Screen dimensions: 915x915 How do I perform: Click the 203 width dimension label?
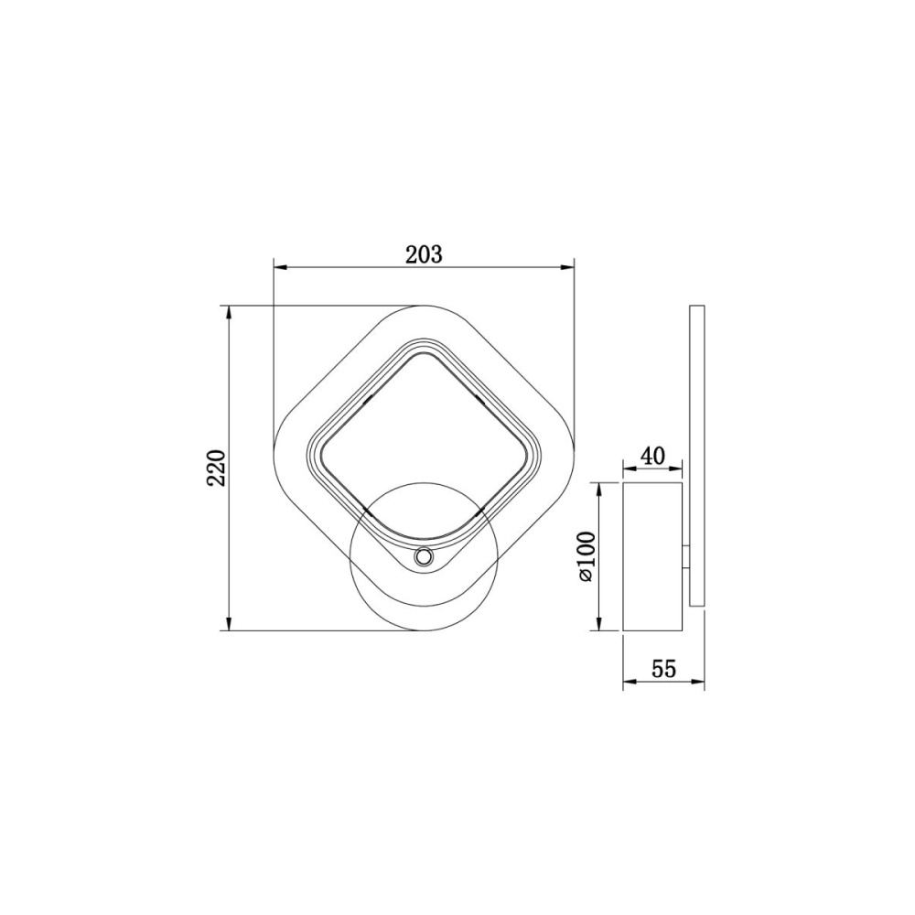click(x=425, y=255)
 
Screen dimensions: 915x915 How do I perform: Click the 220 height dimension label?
click(x=216, y=468)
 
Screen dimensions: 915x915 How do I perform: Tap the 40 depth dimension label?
click(x=653, y=455)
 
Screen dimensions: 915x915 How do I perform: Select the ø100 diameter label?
click(x=586, y=556)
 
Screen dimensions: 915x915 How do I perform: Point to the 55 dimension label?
click(x=663, y=669)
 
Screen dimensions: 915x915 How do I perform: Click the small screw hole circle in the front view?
click(x=423, y=557)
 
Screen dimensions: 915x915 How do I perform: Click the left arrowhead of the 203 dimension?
click(x=281, y=268)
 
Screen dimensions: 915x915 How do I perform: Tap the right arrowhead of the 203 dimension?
click(x=567, y=268)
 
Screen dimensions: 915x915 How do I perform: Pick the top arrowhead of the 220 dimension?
click(x=229, y=313)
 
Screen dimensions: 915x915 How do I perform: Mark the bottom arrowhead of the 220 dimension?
click(x=229, y=623)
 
